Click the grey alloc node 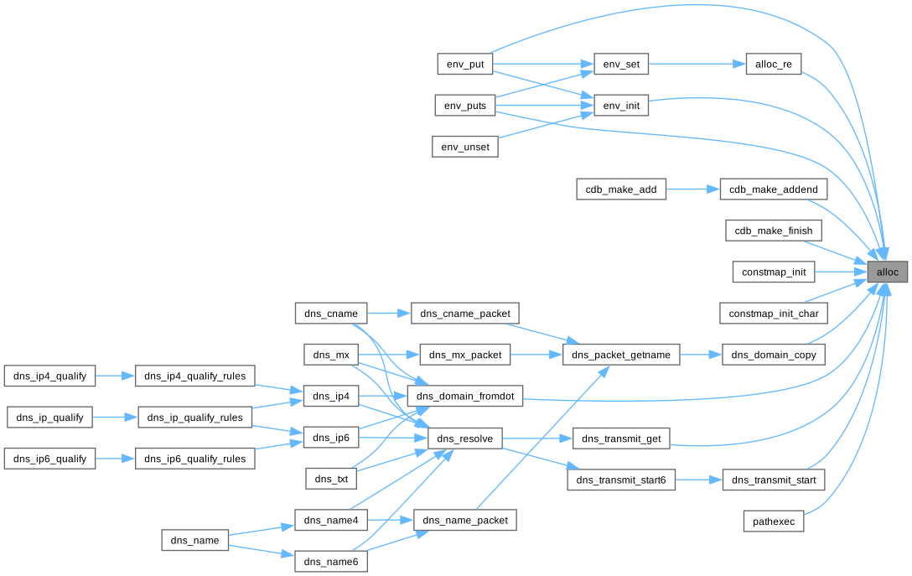(887, 272)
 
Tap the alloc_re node (774, 64)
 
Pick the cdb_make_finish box (773, 231)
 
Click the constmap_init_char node (774, 314)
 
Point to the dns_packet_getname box (621, 355)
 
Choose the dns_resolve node (465, 438)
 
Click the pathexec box (774, 522)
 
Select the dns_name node (194, 541)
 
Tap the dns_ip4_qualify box (50, 376)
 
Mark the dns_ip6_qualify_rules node (195, 459)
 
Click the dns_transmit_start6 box (621, 480)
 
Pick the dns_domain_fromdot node (465, 397)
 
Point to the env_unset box (465, 147)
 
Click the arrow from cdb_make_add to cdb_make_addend (693, 189)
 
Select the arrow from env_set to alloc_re (696, 64)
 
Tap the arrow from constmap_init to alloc (838, 272)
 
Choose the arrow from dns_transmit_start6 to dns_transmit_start (698, 480)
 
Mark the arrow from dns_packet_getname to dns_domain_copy (700, 355)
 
